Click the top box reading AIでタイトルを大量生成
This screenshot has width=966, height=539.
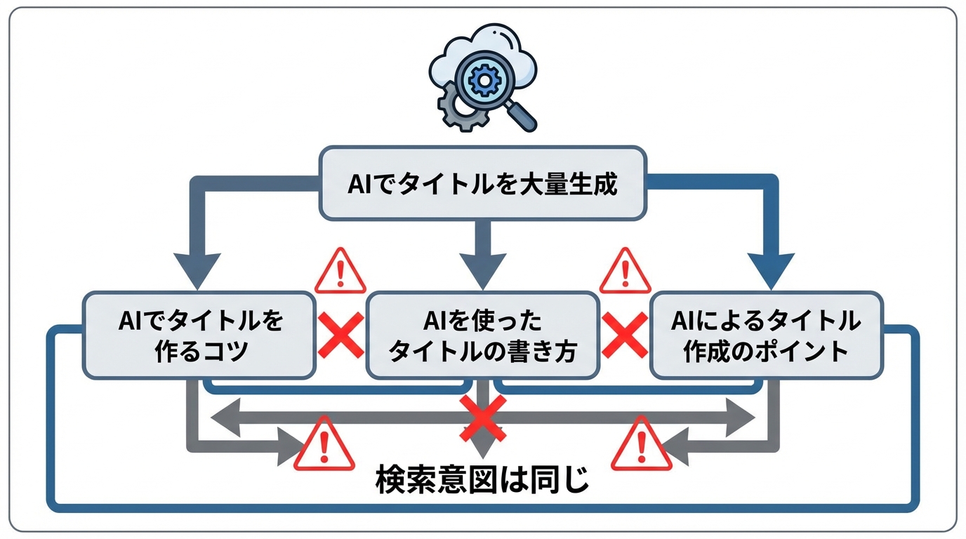pyautogui.click(x=482, y=184)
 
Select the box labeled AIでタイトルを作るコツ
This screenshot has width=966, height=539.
pyautogui.click(x=200, y=335)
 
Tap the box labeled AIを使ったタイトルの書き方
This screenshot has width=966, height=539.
pyautogui.click(x=483, y=335)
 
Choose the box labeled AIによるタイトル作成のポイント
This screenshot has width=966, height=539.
pyautogui.click(x=766, y=335)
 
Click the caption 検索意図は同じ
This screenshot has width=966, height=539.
pyautogui.click(x=482, y=481)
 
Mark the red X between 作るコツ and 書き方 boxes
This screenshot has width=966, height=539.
pyautogui.click(x=341, y=335)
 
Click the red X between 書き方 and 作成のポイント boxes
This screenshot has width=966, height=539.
pyautogui.click(x=625, y=335)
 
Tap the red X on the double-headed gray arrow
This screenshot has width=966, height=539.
pyautogui.click(x=483, y=418)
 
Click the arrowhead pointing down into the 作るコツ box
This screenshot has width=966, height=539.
pyautogui.click(x=197, y=270)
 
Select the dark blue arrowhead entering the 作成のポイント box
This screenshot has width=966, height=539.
pyautogui.click(x=770, y=270)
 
